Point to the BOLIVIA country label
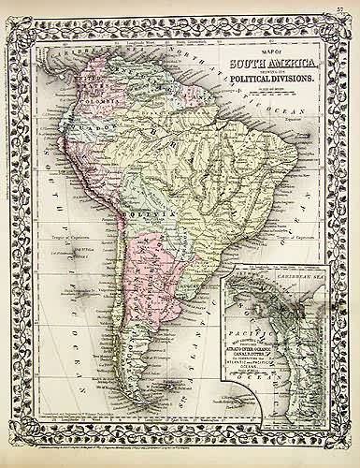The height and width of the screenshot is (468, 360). tap(158, 214)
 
